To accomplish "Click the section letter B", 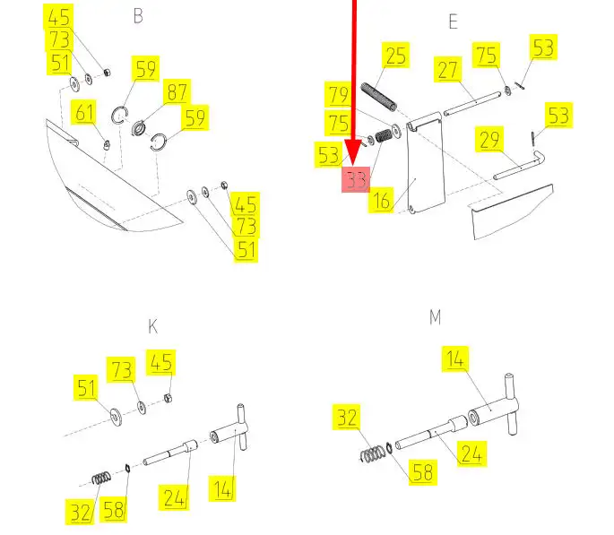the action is (138, 16).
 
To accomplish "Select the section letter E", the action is (453, 22).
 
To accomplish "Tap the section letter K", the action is (153, 326).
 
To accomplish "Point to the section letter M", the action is (435, 317).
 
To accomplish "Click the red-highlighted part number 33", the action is (356, 180).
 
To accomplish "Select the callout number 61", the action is (84, 112).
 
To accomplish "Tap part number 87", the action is (177, 92).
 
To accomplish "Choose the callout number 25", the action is (395, 56).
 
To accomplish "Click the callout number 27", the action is (447, 70).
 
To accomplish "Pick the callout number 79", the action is (338, 94).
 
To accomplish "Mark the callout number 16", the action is (381, 201).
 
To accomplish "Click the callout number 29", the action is (489, 139).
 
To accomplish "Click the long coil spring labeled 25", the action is (378, 97).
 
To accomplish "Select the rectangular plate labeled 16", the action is (426, 164).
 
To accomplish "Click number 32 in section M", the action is (347, 418).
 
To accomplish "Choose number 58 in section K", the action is (113, 510).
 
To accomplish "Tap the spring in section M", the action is (372, 454).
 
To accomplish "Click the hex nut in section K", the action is (169, 399).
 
